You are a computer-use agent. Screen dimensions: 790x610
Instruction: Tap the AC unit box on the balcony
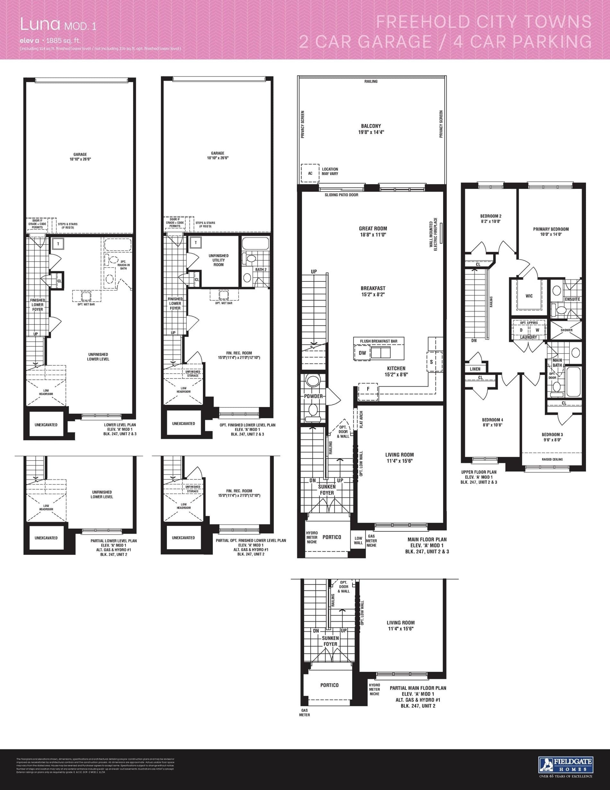[310, 173]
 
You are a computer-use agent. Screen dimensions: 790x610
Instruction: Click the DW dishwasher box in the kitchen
[362, 353]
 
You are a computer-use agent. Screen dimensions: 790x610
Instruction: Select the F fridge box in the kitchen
[368, 389]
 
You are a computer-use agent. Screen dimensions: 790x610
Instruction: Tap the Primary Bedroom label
[551, 229]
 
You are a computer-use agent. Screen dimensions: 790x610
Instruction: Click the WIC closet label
[529, 296]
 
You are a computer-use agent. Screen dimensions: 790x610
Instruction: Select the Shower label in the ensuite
[566, 330]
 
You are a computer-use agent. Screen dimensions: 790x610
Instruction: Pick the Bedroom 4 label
[492, 420]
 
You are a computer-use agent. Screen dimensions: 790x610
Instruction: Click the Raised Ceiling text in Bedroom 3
[552, 459]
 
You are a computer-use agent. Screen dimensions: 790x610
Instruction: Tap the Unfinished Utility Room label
[218, 260]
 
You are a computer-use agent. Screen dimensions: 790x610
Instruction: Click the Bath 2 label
[261, 270]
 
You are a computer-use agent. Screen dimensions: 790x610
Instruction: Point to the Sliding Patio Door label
[341, 195]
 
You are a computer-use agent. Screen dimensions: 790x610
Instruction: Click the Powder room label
[313, 396]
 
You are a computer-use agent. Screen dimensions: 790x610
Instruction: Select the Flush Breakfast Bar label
[378, 341]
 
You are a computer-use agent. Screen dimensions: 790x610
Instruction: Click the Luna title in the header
[40, 25]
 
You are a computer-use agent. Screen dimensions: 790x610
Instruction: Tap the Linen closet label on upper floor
[475, 369]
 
